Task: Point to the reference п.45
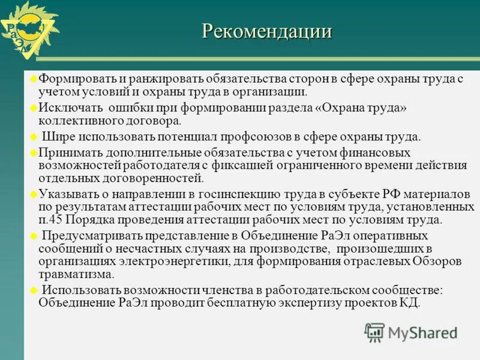pos(51,220)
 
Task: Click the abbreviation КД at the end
pos(409,302)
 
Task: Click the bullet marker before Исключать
pos(34,107)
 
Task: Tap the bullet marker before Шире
pos(34,136)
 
